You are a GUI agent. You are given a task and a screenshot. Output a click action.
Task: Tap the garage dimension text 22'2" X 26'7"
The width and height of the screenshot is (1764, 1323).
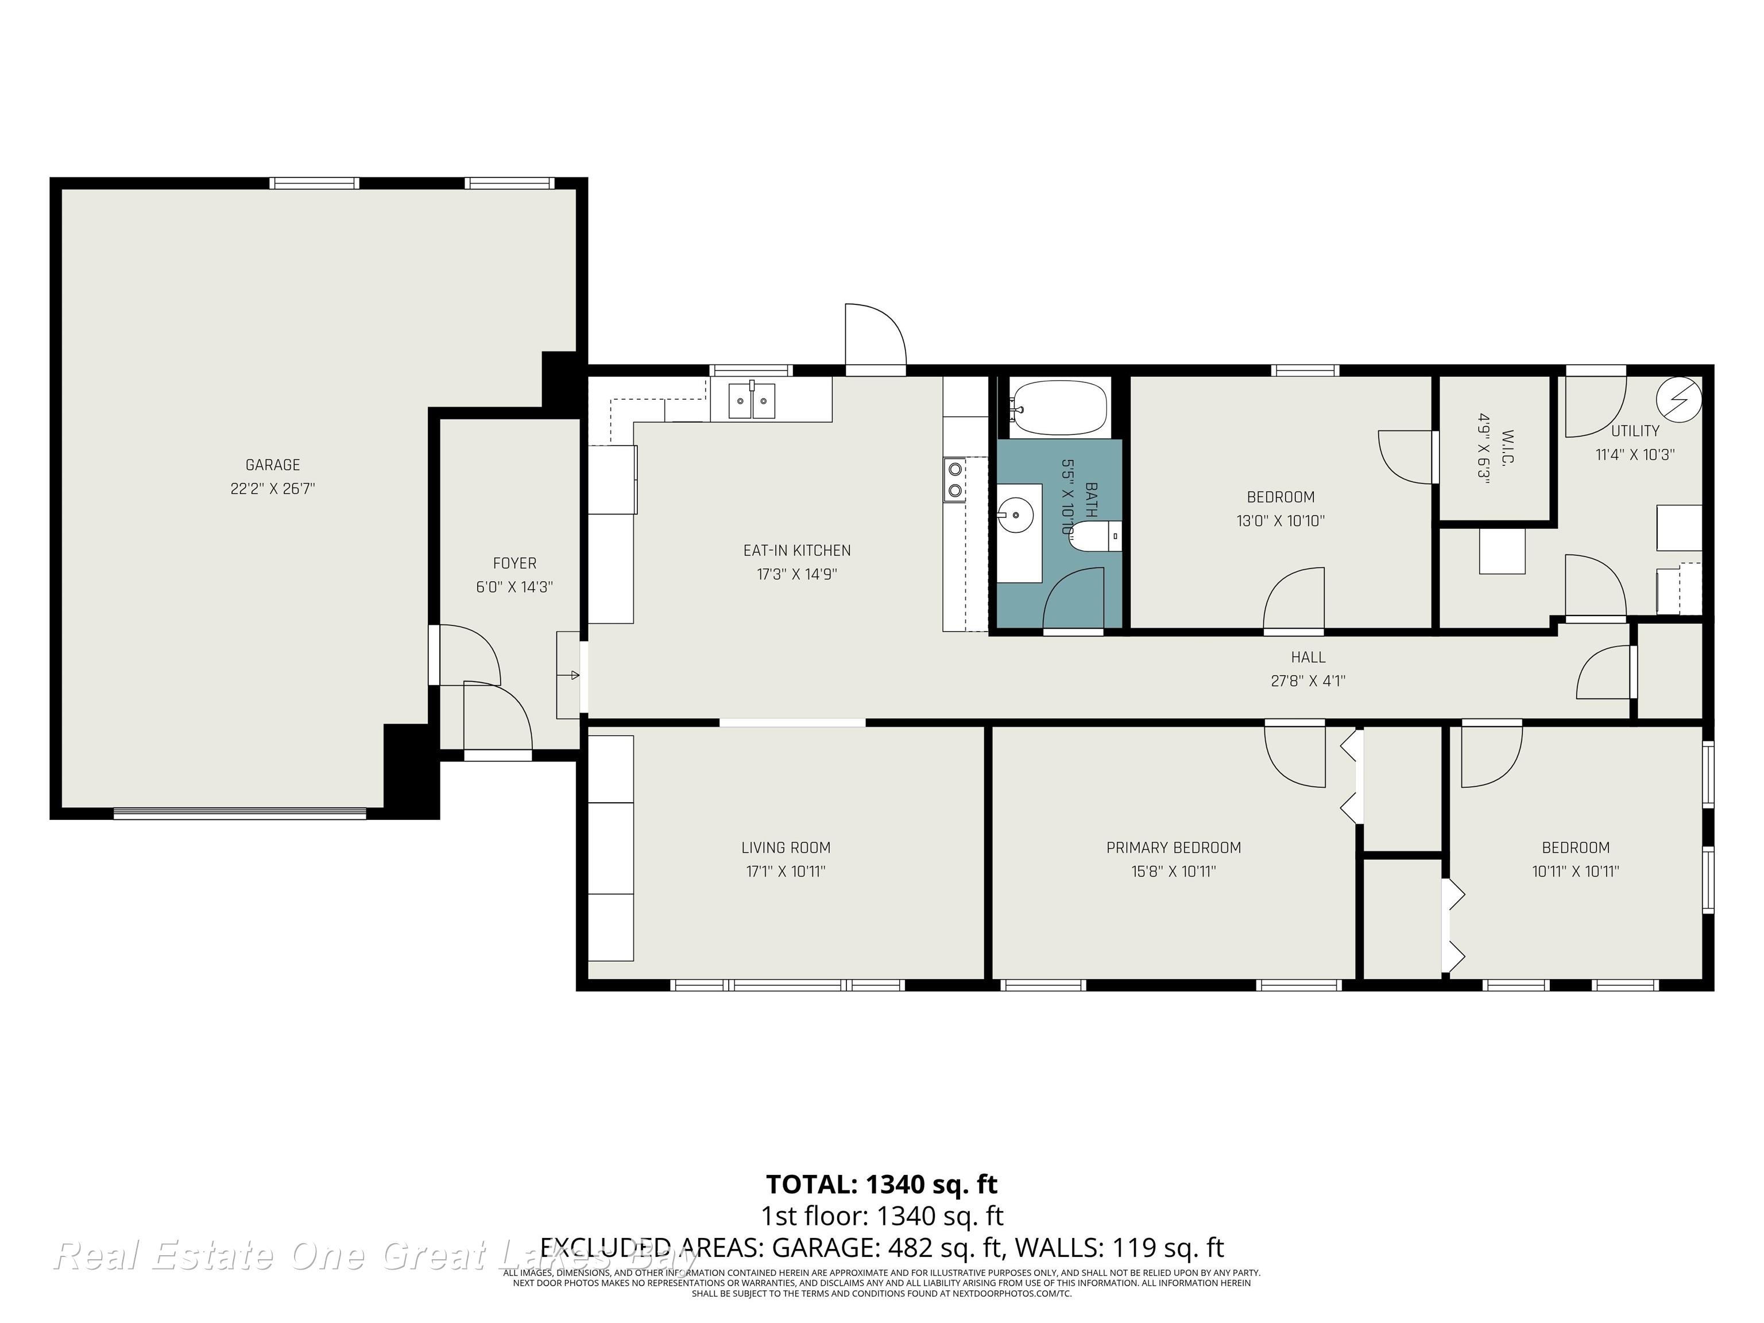(273, 489)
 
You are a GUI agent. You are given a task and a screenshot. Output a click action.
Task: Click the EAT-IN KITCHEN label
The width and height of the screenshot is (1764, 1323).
(796, 550)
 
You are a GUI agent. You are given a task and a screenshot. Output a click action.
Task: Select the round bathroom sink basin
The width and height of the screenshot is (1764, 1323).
(1015, 515)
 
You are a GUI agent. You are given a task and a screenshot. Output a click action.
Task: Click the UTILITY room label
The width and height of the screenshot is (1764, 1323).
(1635, 431)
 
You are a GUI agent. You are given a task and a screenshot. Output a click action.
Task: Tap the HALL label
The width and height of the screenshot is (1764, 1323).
(1308, 657)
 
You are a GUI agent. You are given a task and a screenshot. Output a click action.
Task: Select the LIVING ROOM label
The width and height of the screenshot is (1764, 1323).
(786, 848)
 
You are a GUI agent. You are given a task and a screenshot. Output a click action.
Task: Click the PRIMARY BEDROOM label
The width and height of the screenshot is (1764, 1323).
(1173, 848)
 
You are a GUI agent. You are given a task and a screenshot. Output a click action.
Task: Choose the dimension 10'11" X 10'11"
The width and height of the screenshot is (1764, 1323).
(1575, 872)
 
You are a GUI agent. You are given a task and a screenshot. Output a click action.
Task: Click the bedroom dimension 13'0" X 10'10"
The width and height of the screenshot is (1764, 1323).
(1280, 521)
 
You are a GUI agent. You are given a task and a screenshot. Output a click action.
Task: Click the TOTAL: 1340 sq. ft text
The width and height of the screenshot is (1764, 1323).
(881, 1184)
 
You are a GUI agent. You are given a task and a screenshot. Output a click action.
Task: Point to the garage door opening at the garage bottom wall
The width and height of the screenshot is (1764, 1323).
(239, 814)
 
